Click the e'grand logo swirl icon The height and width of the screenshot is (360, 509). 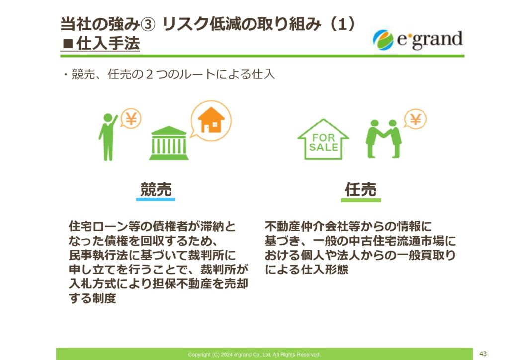coord(383,40)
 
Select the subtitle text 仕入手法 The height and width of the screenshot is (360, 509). coord(108,43)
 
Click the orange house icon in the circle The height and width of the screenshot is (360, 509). coord(211,120)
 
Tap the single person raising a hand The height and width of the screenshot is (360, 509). coord(108,137)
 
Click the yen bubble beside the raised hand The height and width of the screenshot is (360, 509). coord(131,118)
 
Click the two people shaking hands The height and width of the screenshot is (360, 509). coord(383,139)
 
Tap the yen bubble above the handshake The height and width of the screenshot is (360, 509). coord(415,119)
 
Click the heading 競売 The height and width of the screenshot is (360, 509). coord(156,189)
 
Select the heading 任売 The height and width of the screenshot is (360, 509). coord(361,189)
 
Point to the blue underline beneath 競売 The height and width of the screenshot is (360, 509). coord(156,199)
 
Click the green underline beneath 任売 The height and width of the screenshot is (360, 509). coord(361,200)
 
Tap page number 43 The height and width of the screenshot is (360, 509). coord(483,354)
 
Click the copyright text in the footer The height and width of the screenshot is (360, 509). coord(254,355)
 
